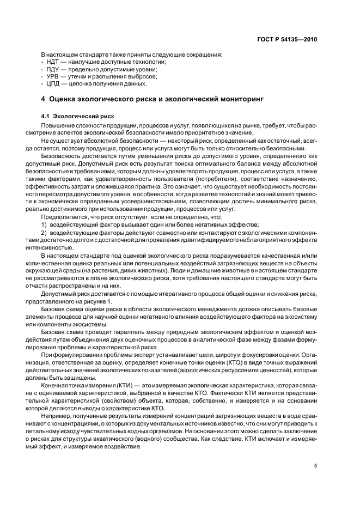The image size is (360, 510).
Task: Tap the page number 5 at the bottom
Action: pos(315,465)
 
